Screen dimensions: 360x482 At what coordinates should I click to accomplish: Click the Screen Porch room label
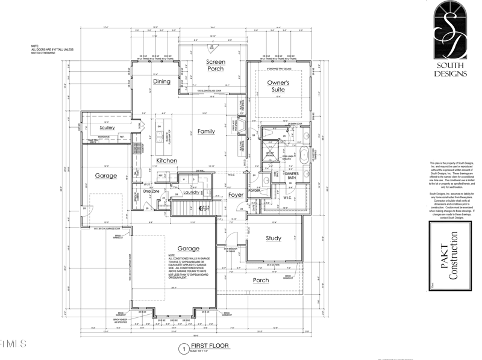coord(215,65)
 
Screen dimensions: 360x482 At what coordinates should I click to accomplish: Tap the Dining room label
coord(161,81)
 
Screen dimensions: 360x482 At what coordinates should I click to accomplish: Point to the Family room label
coord(206,131)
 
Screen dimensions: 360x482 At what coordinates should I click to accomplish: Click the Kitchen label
coord(166,161)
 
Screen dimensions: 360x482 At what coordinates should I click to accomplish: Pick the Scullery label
coord(107,128)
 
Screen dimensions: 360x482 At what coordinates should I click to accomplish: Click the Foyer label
coord(236,194)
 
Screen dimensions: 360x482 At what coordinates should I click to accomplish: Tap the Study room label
coord(274,238)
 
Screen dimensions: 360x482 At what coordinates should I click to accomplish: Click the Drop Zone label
coord(151,191)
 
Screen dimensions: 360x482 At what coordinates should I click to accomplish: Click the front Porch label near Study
coord(261,281)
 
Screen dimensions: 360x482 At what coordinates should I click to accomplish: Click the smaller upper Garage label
coord(105,176)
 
